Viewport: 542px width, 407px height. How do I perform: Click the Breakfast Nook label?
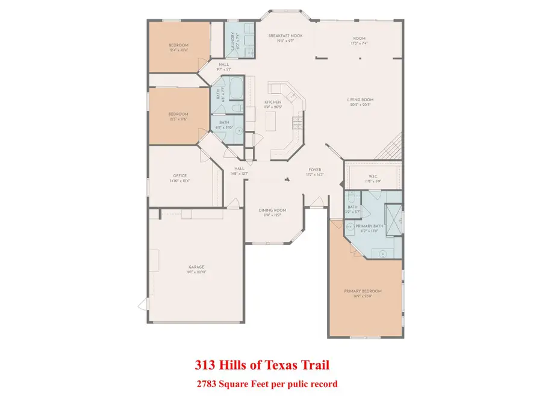(285, 36)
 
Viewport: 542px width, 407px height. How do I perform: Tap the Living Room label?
(360, 100)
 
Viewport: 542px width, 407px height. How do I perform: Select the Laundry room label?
(231, 40)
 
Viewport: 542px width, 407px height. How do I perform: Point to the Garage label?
(196, 267)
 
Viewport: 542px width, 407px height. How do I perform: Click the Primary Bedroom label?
(363, 291)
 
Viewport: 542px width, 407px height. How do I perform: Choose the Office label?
(181, 176)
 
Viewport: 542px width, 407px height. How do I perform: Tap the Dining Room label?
(272, 210)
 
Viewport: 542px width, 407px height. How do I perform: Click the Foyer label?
(315, 170)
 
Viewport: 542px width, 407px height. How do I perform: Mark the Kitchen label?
(273, 103)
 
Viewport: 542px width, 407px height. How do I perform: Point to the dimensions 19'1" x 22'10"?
(196, 273)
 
